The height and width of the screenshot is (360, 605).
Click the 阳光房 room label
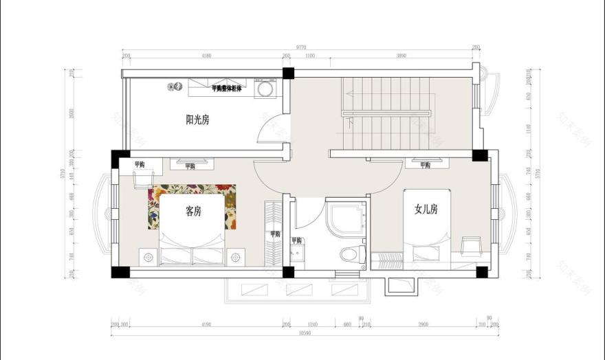click(x=197, y=120)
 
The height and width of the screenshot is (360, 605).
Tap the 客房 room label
click(x=194, y=212)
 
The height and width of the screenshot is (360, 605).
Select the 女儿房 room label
click(x=426, y=210)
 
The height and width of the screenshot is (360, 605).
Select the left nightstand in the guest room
click(x=148, y=257)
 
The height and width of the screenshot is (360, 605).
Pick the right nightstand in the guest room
click(x=236, y=257)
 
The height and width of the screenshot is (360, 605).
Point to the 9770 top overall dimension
click(x=302, y=47)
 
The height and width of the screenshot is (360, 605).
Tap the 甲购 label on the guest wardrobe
click(x=275, y=234)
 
